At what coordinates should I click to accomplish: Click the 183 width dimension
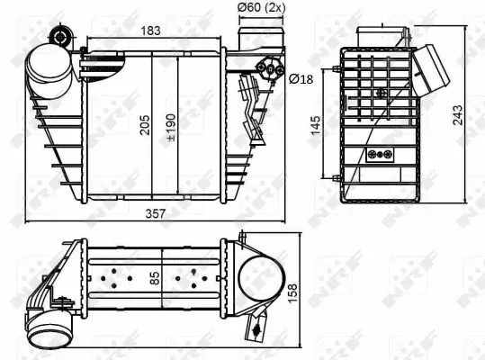coord(151,31)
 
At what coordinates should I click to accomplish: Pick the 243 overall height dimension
coord(459,114)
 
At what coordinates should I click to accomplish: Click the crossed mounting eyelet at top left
coord(61,36)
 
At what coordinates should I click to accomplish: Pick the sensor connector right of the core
coord(250,96)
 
